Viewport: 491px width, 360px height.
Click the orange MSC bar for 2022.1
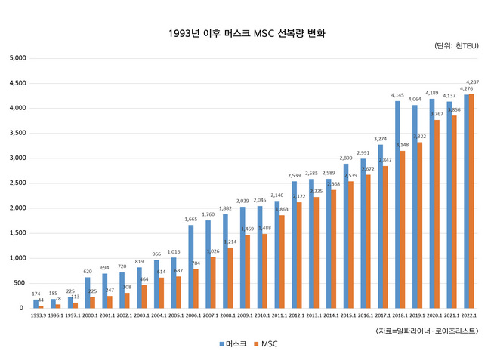472,201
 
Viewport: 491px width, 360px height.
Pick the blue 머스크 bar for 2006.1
191,266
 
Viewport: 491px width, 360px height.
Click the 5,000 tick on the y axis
17,58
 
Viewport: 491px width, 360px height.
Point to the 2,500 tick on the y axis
17,183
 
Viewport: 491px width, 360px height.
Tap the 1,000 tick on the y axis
17,258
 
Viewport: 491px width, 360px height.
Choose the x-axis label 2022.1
469,316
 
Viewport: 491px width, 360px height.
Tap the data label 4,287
472,82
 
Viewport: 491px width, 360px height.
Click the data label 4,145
398,95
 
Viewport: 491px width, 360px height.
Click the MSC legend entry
264,343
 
